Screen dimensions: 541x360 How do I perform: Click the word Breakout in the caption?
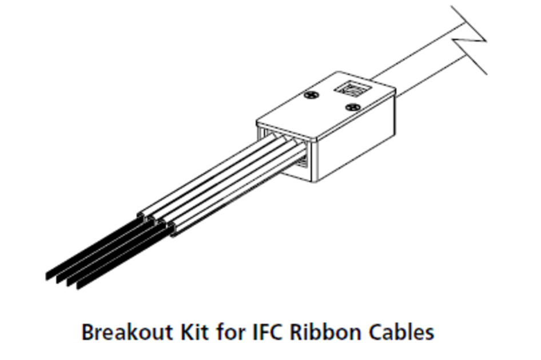click(128, 332)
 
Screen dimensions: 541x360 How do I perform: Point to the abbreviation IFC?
click(269, 332)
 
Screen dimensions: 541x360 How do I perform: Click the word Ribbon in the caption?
click(326, 332)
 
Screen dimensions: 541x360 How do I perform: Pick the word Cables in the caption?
click(401, 332)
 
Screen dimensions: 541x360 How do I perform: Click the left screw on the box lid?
click(312, 95)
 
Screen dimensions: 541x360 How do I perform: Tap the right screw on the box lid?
click(353, 107)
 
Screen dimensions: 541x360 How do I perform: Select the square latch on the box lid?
click(352, 89)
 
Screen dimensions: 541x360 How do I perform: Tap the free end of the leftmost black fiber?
click(48, 275)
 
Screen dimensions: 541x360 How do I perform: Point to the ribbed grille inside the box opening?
click(301, 161)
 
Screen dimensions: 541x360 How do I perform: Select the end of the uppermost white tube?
click(141, 215)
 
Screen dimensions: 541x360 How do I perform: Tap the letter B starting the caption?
click(87, 332)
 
